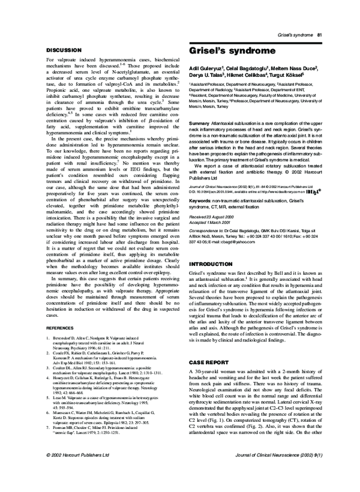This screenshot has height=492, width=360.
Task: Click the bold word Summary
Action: [199, 122]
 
